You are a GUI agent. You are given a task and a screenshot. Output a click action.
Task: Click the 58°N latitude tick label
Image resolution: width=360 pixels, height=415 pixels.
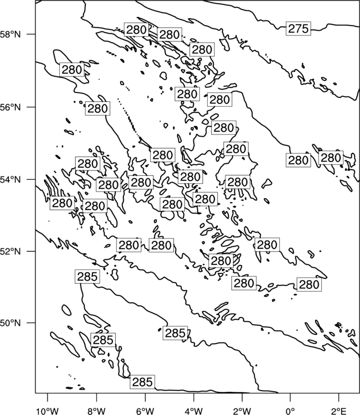click(x=11, y=34)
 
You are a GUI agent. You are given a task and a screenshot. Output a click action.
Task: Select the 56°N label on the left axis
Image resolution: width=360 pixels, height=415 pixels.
click(x=11, y=107)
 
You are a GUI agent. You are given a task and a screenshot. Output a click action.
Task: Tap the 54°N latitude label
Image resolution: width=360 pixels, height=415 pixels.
click(x=11, y=180)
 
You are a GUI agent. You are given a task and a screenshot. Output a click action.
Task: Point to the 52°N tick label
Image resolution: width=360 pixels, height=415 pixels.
click(x=11, y=251)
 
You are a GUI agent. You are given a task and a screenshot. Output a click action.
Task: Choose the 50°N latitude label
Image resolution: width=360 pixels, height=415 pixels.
click(x=11, y=323)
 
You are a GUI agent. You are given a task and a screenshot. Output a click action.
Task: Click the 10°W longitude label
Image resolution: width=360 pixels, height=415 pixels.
click(x=48, y=411)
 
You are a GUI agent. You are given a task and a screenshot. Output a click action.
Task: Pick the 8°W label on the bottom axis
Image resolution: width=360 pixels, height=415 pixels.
click(x=96, y=411)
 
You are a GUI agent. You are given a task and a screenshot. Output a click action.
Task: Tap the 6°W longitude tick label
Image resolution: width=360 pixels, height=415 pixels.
click(x=145, y=411)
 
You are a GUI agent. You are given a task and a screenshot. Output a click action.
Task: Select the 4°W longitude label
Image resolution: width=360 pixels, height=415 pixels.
click(x=193, y=411)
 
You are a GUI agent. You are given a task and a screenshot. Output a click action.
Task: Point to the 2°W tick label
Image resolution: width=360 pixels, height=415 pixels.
click(x=242, y=411)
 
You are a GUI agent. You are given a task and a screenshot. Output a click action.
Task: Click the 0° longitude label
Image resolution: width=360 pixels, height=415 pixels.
click(x=290, y=411)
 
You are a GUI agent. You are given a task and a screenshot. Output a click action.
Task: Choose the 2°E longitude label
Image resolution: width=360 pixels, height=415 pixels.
click(x=339, y=411)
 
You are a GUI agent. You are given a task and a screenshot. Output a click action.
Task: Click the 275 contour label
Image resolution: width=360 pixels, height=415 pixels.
click(x=299, y=29)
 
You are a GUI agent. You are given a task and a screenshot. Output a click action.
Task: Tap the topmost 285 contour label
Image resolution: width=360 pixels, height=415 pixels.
click(x=88, y=277)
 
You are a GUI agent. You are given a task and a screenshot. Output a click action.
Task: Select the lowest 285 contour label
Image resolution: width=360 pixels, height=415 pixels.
click(x=142, y=382)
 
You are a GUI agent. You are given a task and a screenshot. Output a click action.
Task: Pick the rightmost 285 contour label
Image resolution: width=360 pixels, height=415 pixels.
click(x=175, y=333)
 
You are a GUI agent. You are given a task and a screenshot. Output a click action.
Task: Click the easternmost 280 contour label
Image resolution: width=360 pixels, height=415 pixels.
click(x=331, y=158)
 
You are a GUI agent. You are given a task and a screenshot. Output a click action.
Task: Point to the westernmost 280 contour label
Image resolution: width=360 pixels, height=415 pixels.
click(x=62, y=203)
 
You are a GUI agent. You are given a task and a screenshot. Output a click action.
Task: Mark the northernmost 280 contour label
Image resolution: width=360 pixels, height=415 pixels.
click(x=136, y=30)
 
